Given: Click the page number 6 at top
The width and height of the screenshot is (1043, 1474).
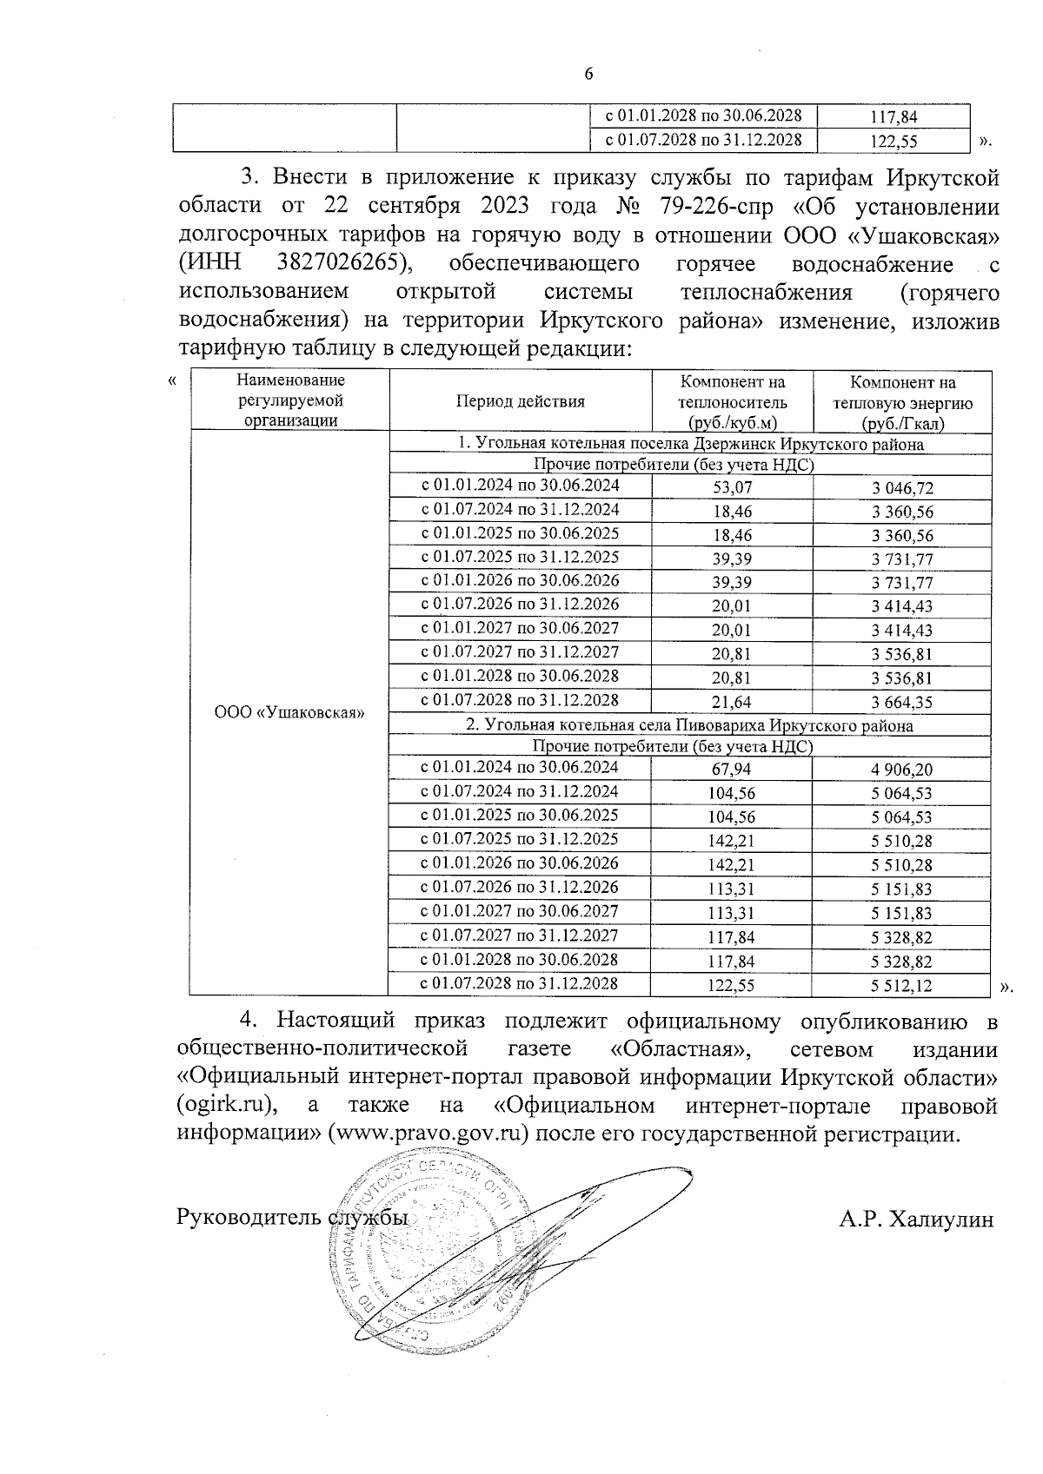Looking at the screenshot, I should (x=588, y=75).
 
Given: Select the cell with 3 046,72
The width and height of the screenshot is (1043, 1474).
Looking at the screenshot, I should (x=902, y=488).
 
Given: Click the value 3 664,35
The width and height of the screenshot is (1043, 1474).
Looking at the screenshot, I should (x=902, y=702).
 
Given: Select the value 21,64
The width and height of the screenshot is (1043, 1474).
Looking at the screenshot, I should (x=731, y=702).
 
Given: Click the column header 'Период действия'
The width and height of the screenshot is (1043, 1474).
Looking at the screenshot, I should (x=520, y=401).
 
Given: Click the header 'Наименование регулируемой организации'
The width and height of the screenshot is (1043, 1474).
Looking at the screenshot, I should (x=290, y=400).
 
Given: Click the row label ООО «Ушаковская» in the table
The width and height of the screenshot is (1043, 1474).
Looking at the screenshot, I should (x=289, y=712).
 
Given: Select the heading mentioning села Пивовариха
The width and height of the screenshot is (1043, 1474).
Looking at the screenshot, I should (x=690, y=725).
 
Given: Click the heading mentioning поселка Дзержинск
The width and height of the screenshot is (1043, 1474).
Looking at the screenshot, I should (x=690, y=444).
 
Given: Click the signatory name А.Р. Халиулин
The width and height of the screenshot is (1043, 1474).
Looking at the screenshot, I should (x=916, y=1220).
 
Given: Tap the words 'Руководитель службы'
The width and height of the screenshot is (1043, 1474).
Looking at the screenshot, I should (x=292, y=1218).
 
